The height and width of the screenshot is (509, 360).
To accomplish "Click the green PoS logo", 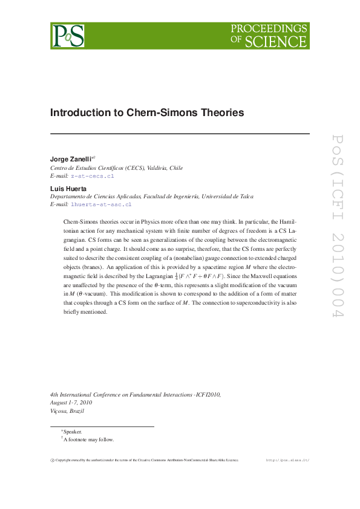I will click(x=67, y=36).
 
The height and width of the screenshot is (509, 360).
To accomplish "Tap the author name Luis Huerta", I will click(x=68, y=189).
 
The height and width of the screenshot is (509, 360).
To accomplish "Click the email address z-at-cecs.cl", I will click(x=93, y=175).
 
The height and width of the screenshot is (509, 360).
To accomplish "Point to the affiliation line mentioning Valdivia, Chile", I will click(x=116, y=167).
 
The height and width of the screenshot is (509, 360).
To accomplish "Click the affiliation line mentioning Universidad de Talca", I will click(x=152, y=196).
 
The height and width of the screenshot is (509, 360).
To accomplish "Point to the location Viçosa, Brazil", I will click(x=67, y=410).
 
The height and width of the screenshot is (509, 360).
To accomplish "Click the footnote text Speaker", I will click(x=73, y=432).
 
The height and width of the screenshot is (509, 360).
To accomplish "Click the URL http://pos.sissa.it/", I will click(x=288, y=460).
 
